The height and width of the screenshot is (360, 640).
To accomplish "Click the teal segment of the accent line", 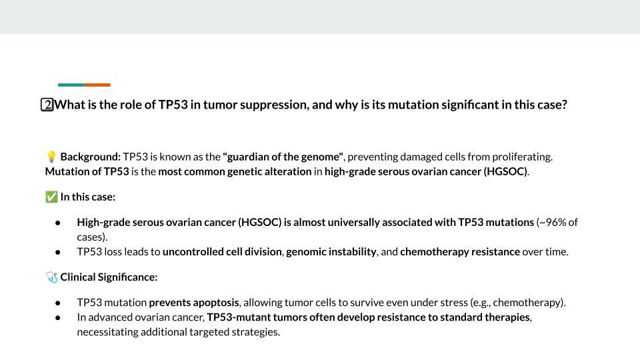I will pyautogui.click(x=71, y=85).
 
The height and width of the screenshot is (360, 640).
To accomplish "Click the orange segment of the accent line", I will pyautogui.click(x=97, y=85).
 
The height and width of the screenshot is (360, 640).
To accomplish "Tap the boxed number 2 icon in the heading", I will pyautogui.click(x=47, y=105).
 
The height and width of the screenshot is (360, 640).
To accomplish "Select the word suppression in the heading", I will pyautogui.click(x=273, y=105).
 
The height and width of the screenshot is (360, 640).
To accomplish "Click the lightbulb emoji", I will pyautogui.click(x=51, y=157).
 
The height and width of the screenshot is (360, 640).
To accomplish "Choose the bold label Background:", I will pyautogui.click(x=91, y=157).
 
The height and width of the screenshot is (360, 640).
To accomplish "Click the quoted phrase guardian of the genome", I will pyautogui.click(x=283, y=157).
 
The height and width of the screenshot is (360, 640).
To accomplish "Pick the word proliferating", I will pyautogui.click(x=522, y=157).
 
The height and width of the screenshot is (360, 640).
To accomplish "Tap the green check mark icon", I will pyautogui.click(x=51, y=197).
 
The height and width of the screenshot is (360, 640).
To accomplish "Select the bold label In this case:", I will pyautogui.click(x=87, y=197).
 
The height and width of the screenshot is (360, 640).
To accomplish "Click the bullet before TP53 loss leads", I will pyautogui.click(x=59, y=252).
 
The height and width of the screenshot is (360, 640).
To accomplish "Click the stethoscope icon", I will pyautogui.click(x=51, y=277).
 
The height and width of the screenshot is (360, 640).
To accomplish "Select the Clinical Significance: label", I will pyautogui.click(x=109, y=277).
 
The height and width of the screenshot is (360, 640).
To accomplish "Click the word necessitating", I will pyautogui.click(x=107, y=331).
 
